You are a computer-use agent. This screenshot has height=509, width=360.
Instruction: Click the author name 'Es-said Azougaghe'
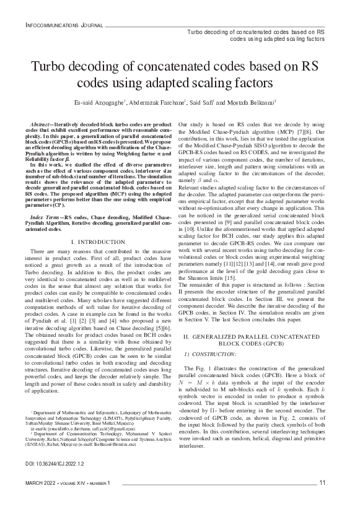tap(99, 102)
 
